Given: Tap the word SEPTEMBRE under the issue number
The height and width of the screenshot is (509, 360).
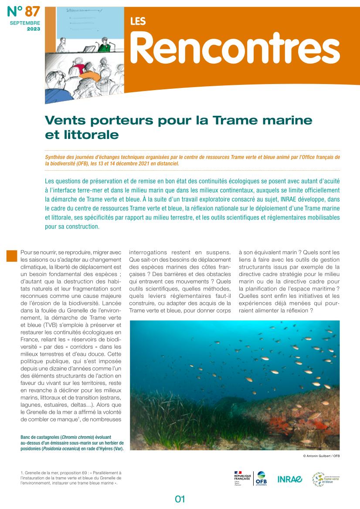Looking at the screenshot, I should [x=25, y=23].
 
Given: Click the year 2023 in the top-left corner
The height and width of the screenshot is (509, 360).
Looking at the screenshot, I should [x=33, y=29].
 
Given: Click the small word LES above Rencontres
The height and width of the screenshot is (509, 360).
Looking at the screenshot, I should [x=138, y=21].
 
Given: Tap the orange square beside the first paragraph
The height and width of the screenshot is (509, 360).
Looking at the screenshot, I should [x=12, y=256].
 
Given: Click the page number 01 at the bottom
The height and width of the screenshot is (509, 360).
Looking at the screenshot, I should [x=180, y=499].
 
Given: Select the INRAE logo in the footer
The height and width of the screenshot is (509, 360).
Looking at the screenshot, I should [x=290, y=479].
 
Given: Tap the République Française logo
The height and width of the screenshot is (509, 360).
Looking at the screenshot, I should [x=242, y=478].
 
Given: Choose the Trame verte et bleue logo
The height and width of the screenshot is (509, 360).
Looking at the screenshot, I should [x=326, y=479].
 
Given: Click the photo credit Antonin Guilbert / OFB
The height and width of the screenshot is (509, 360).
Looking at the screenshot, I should [x=321, y=456].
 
